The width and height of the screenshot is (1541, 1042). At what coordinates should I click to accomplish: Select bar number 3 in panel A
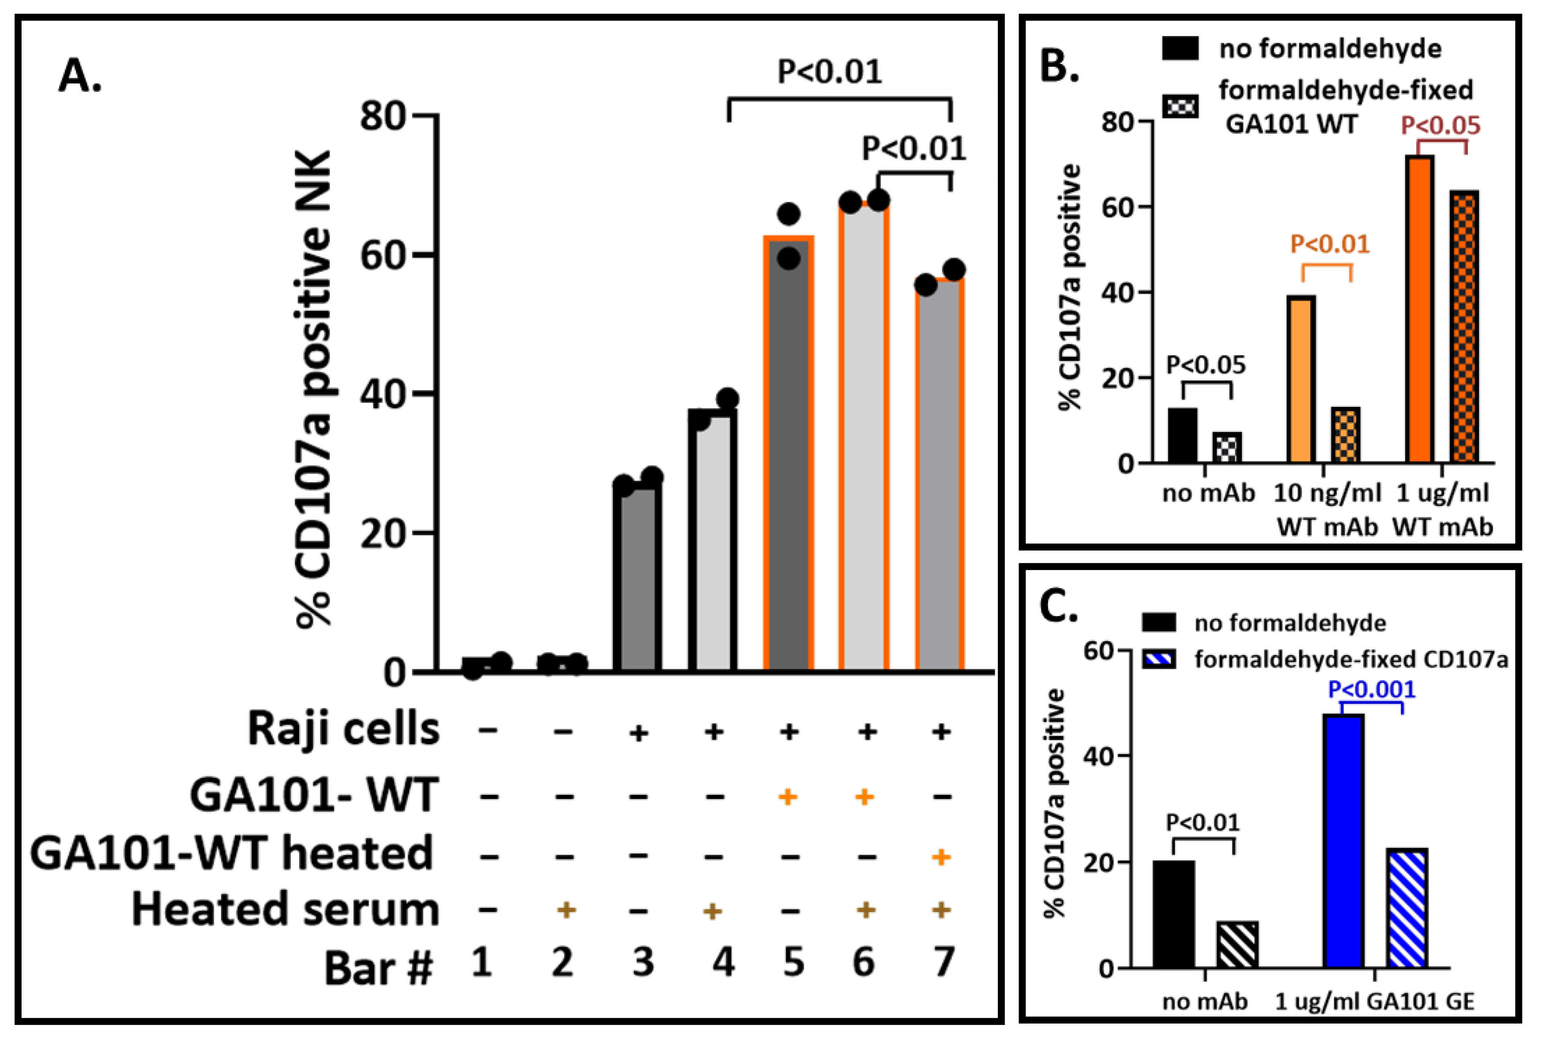click(637, 577)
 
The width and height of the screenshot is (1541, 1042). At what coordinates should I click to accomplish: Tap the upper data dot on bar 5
click(789, 214)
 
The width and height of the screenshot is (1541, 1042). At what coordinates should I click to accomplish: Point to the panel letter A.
click(80, 75)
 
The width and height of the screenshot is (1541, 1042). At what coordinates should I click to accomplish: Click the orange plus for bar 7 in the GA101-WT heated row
click(941, 857)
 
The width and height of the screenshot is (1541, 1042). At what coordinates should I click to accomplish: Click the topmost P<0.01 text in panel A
click(830, 72)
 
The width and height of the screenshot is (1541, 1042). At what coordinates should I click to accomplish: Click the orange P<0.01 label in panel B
click(1330, 244)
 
